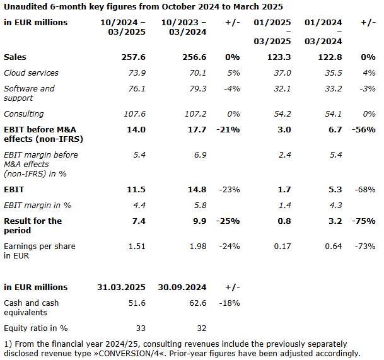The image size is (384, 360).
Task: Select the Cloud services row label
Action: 31,73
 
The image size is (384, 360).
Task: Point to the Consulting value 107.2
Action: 194,114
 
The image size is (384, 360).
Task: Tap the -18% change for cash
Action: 230,303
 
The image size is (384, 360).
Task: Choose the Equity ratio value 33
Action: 140,328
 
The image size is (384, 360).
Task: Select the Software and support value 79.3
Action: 196,89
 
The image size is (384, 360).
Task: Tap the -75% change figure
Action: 363,221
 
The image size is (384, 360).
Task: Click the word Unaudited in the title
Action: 26,7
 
